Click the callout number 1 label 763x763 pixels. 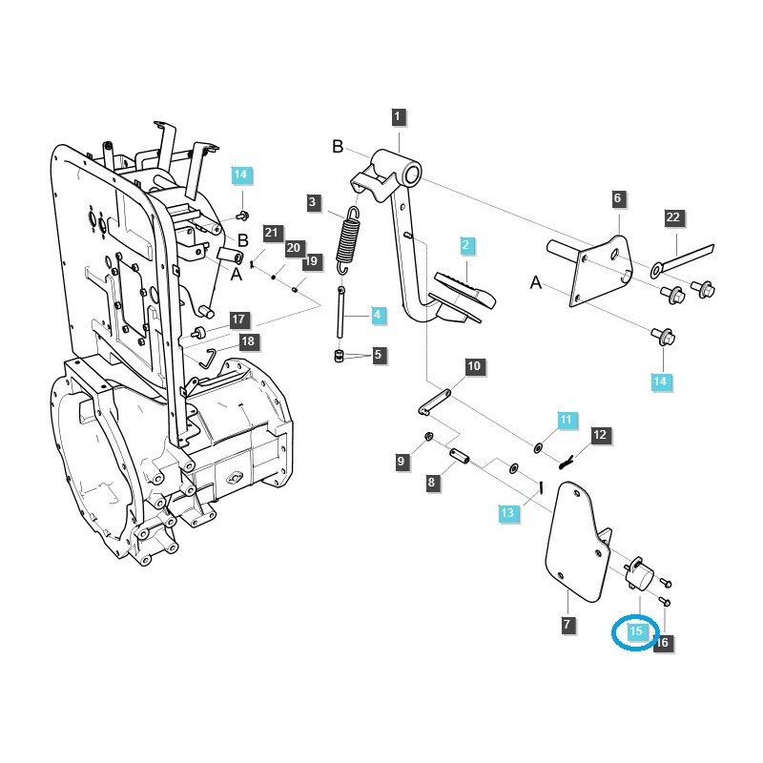(x=399, y=117)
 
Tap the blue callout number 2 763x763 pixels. (x=466, y=246)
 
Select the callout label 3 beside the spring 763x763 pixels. (x=312, y=201)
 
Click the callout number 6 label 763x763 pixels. (x=617, y=198)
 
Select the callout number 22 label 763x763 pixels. (x=673, y=218)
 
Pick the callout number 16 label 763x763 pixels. (x=663, y=643)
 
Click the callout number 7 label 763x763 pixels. (x=567, y=625)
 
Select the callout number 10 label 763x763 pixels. (x=474, y=366)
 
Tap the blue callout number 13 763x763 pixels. (x=507, y=513)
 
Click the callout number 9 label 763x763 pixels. (x=402, y=462)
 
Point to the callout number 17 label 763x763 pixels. (x=237, y=320)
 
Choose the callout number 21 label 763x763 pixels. (x=272, y=233)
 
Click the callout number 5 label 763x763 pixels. (x=378, y=355)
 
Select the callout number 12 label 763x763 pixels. (x=599, y=436)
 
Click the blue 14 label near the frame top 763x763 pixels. (x=240, y=175)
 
